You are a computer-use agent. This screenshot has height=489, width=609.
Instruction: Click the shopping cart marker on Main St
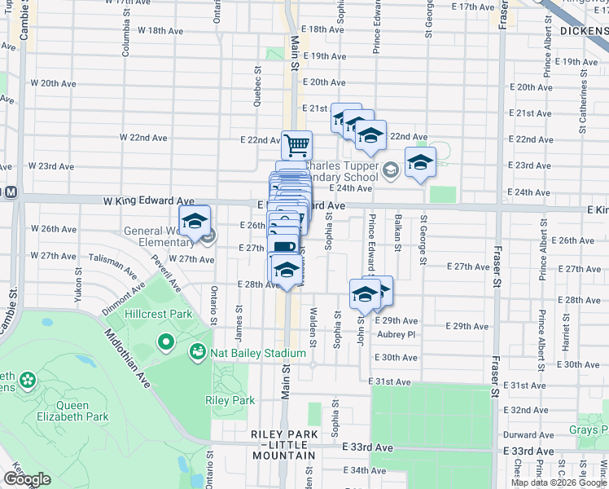[297, 145]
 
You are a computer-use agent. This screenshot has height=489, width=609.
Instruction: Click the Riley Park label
[230, 400]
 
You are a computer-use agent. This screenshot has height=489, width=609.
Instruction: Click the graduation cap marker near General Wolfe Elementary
[195, 222]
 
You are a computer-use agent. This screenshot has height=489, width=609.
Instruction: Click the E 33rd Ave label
[368, 448]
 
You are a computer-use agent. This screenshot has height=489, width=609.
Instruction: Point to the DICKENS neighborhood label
[584, 31]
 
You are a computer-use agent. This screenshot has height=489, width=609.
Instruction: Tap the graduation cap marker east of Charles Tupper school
[420, 163]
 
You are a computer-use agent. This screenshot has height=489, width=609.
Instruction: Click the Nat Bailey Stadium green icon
[196, 353]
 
